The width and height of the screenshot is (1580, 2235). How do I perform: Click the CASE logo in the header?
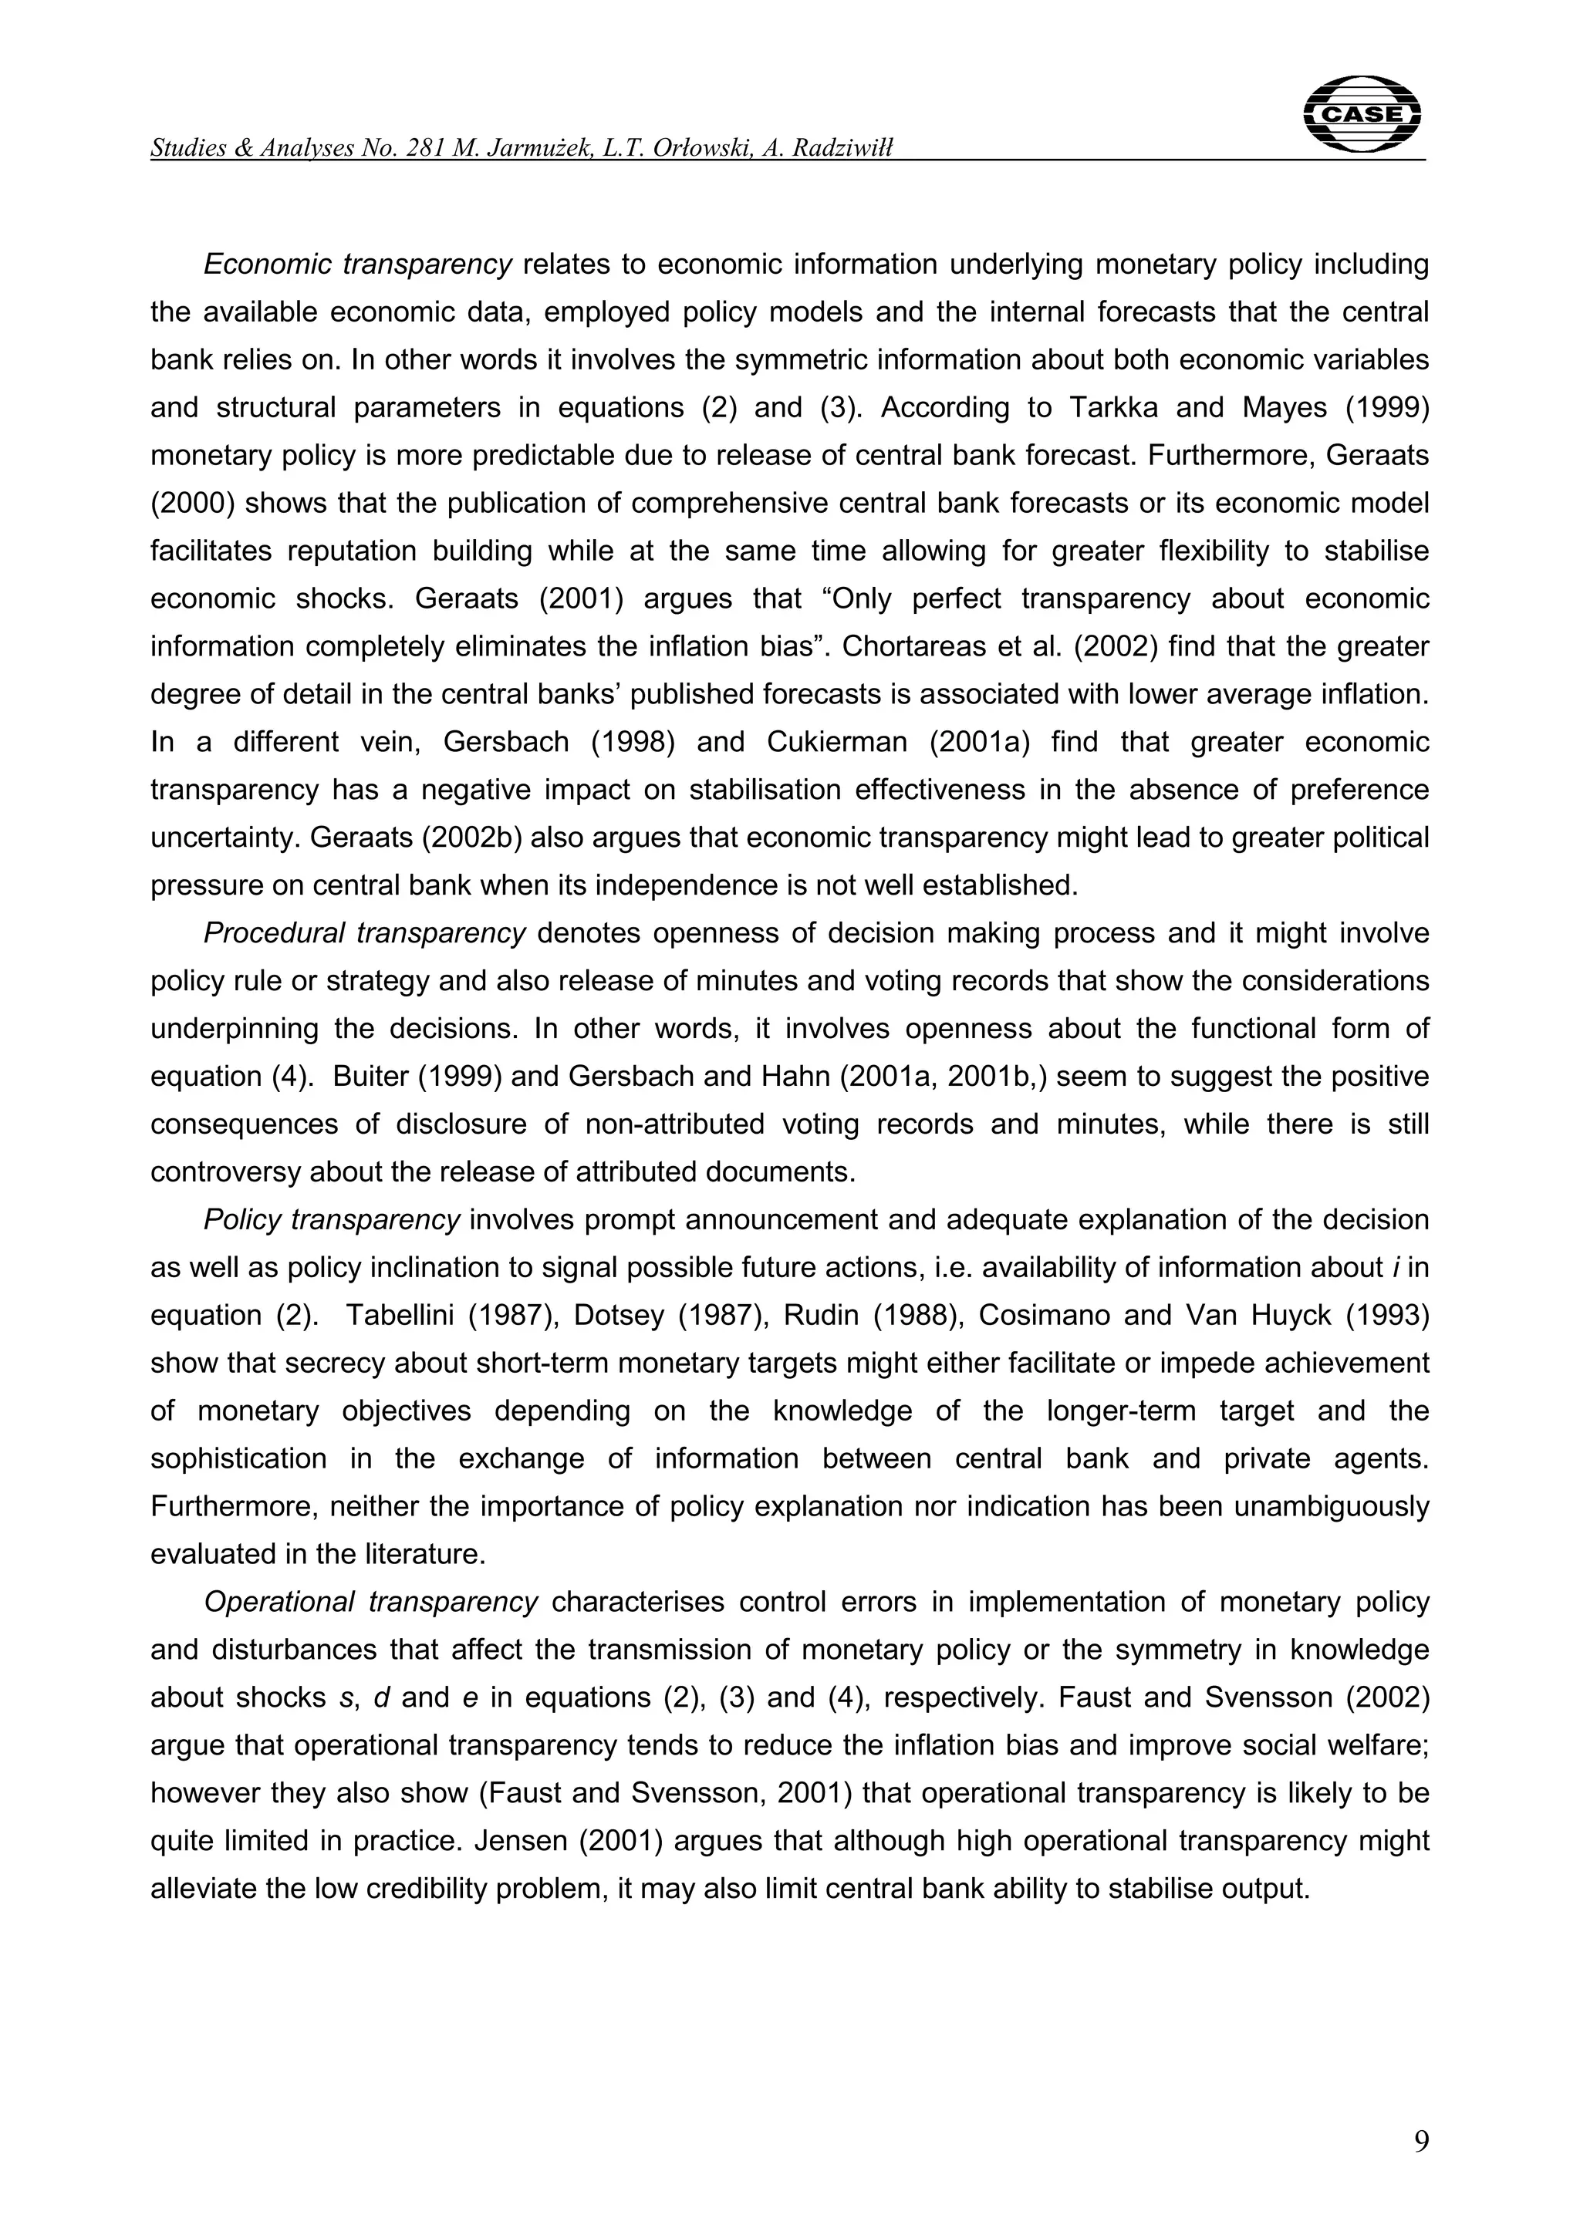(x=1361, y=115)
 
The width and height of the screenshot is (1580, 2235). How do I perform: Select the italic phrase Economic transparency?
(x=357, y=264)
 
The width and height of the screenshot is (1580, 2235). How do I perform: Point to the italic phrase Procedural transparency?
(x=364, y=932)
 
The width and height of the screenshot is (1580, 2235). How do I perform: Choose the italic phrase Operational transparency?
(x=370, y=1601)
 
